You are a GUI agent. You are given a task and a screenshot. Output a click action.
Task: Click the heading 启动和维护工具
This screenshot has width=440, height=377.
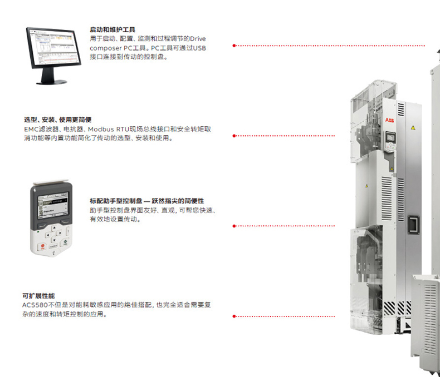[113, 29]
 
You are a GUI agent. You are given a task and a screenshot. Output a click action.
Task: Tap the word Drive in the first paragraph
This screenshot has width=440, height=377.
[198, 38]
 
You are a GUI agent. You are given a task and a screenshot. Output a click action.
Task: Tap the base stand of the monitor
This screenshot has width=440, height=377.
[52, 82]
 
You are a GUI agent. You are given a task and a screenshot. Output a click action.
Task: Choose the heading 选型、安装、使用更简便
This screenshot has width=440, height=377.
[57, 120]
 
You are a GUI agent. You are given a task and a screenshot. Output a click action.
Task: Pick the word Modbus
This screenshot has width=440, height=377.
[100, 129]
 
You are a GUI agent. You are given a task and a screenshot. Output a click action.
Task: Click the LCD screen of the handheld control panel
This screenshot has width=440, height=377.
[55, 207]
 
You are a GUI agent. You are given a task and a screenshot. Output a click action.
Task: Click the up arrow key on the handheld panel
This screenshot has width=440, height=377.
[53, 227]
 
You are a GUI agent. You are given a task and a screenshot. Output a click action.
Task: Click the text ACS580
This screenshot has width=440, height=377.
[34, 305]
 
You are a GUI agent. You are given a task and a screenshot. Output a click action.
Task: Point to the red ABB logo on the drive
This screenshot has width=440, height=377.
[388, 120]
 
